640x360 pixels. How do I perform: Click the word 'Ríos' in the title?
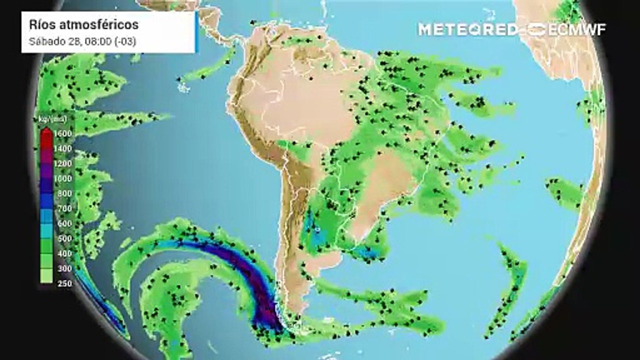(41, 24)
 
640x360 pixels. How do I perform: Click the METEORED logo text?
(468, 29)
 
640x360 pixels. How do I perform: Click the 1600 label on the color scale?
(65, 133)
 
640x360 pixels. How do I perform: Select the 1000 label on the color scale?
(65, 178)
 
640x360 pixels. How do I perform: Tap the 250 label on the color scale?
(65, 283)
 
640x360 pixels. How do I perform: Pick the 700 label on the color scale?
(65, 208)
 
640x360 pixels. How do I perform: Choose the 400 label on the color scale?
(65, 253)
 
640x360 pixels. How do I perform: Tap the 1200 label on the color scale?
(65, 163)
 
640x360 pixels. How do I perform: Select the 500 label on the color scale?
(65, 238)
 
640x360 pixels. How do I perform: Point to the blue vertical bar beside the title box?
(196, 32)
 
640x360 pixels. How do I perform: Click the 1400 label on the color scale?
(65, 148)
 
